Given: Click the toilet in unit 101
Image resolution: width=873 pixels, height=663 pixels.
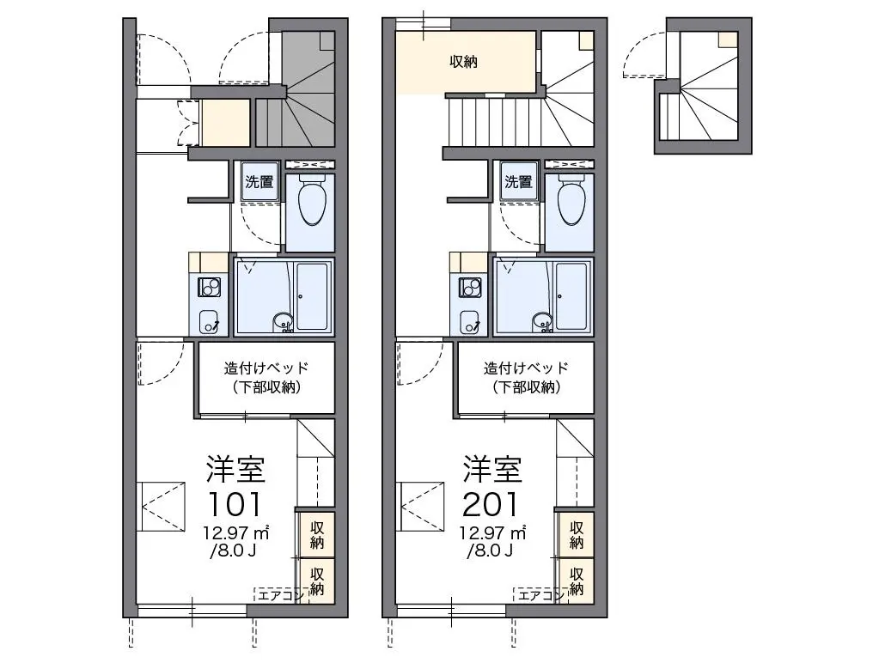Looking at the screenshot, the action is point(312,200).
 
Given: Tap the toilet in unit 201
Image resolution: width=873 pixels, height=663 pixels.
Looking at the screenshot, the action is point(571,200).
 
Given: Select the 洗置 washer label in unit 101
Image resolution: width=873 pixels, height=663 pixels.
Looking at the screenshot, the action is point(259,181).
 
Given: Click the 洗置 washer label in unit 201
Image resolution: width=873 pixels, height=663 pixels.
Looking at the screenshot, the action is point(519,181).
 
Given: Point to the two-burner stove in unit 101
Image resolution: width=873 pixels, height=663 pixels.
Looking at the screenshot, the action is point(210,287).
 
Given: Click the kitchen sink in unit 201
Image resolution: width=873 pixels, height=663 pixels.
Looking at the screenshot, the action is point(469,322).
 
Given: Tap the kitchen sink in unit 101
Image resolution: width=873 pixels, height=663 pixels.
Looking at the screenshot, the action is point(210,322).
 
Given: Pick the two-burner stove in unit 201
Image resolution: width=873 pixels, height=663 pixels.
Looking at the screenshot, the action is point(469,287).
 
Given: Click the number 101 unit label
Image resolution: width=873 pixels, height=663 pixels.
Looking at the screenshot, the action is point(234,504).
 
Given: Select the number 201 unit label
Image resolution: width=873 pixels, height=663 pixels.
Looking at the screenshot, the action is point(491,504).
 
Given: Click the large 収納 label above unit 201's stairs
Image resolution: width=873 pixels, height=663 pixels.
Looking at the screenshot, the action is point(464,61).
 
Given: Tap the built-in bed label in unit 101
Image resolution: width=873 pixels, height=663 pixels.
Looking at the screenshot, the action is point(266,377).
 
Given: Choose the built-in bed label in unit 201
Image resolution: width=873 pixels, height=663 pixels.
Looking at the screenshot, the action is point(526,377).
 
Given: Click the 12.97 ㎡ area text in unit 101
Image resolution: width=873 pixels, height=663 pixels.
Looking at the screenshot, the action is point(236,532).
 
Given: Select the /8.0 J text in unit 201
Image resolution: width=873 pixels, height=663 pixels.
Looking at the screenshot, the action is point(490,551).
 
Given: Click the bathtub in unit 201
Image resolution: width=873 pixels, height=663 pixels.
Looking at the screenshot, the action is point(571,296).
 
